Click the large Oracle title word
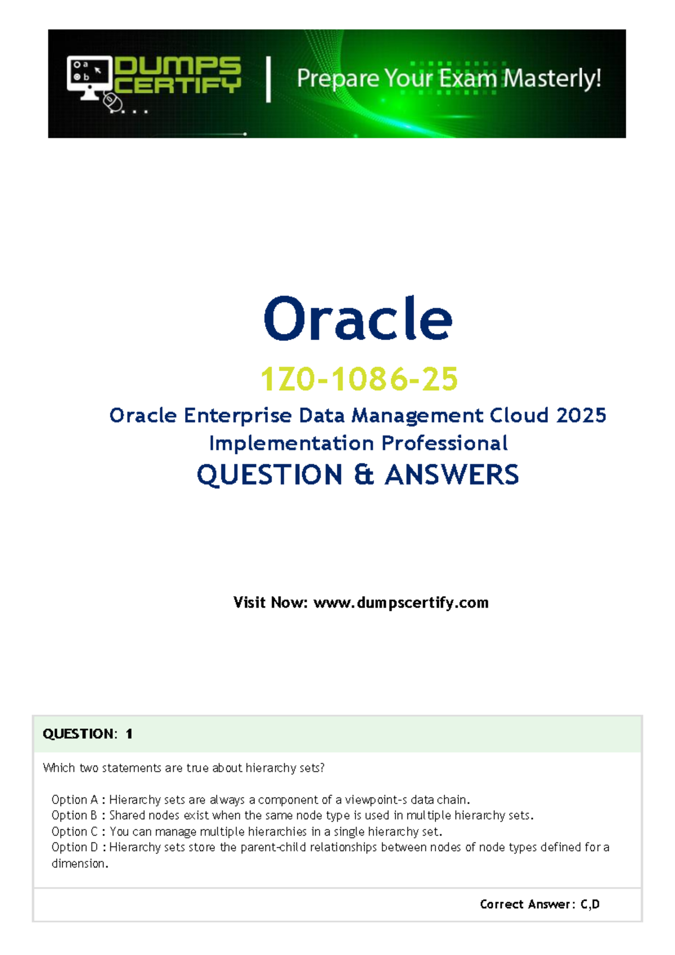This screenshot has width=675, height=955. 358,319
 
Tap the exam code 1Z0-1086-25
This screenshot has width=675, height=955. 359,379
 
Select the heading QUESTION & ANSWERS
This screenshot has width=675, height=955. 358,475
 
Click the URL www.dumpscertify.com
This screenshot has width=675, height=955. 400,603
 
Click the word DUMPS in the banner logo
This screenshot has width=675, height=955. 178,65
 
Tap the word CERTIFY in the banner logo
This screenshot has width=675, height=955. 178,85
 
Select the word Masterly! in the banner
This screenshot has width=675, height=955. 552,78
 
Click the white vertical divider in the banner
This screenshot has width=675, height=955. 268,79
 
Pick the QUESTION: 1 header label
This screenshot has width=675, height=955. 87,734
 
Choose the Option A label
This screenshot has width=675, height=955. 75,800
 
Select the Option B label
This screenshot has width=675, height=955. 75,815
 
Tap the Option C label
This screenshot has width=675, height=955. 75,832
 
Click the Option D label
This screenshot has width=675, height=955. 75,847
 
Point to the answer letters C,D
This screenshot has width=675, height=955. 590,904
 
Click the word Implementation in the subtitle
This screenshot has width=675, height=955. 291,443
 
